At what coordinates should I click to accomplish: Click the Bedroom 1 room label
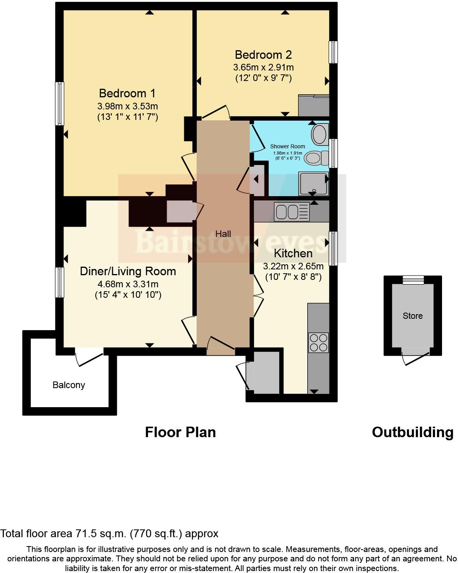pos(127,93)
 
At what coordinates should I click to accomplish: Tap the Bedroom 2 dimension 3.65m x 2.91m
pos(264,67)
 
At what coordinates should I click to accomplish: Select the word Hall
pos(223,234)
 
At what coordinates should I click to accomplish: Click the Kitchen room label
pos(293,253)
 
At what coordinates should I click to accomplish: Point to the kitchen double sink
pos(291,212)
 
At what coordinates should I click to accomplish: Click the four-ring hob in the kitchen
pos(319,343)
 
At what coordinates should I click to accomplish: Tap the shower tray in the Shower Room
pos(314,184)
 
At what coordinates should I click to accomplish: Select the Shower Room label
pos(287,146)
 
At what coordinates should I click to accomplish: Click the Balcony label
pos(69,385)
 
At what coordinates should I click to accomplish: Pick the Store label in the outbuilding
pos(412,316)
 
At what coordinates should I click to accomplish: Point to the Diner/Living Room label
pos(128,271)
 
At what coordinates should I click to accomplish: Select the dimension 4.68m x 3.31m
pos(128,284)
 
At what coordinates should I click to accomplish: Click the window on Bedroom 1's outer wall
pos(60,104)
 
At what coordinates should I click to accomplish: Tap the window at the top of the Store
pos(413,280)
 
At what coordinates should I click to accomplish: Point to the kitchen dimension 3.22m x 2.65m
pos(293,266)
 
